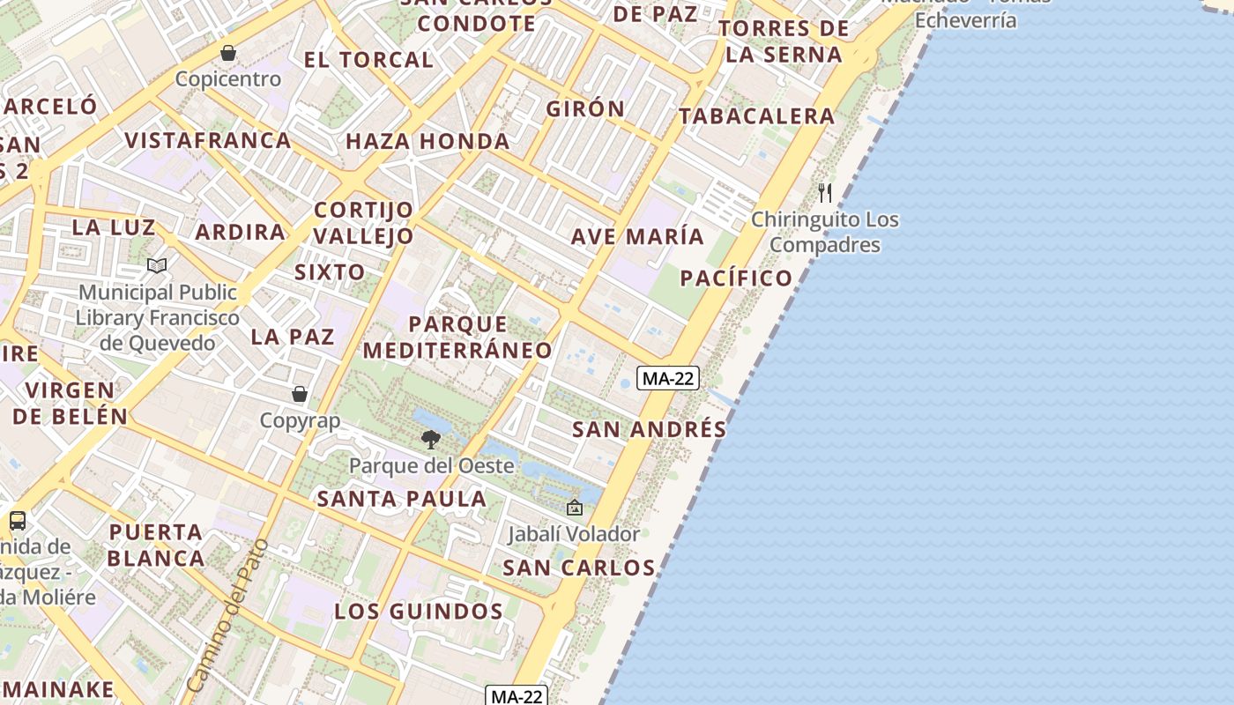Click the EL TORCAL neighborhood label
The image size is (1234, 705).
pyautogui.click(x=368, y=60)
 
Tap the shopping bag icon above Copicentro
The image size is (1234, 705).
pyautogui.click(x=228, y=53)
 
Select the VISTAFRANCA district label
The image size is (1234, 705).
pyautogui.click(x=208, y=140)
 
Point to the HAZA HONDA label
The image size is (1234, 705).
pyautogui.click(x=427, y=141)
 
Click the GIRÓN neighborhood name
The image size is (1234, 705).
pyautogui.click(x=585, y=109)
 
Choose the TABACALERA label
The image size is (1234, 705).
pyautogui.click(x=756, y=115)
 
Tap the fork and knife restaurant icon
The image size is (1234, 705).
pyautogui.click(x=825, y=192)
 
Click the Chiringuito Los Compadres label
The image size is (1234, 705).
pyautogui.click(x=825, y=232)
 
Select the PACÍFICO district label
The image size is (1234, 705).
pyautogui.click(x=737, y=278)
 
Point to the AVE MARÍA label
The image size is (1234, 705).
pyautogui.click(x=637, y=236)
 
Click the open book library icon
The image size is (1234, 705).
pyautogui.click(x=157, y=265)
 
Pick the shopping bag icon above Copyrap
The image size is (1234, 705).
pyautogui.click(x=300, y=393)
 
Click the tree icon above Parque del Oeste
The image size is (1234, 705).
pyautogui.click(x=431, y=439)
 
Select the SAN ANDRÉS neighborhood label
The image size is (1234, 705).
pyautogui.click(x=650, y=429)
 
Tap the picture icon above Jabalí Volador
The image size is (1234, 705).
pyautogui.click(x=575, y=508)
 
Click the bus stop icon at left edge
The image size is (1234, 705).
pyautogui.click(x=18, y=520)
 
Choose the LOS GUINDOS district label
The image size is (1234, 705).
pyautogui.click(x=419, y=611)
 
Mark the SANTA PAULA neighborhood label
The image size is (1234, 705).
pyautogui.click(x=402, y=499)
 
